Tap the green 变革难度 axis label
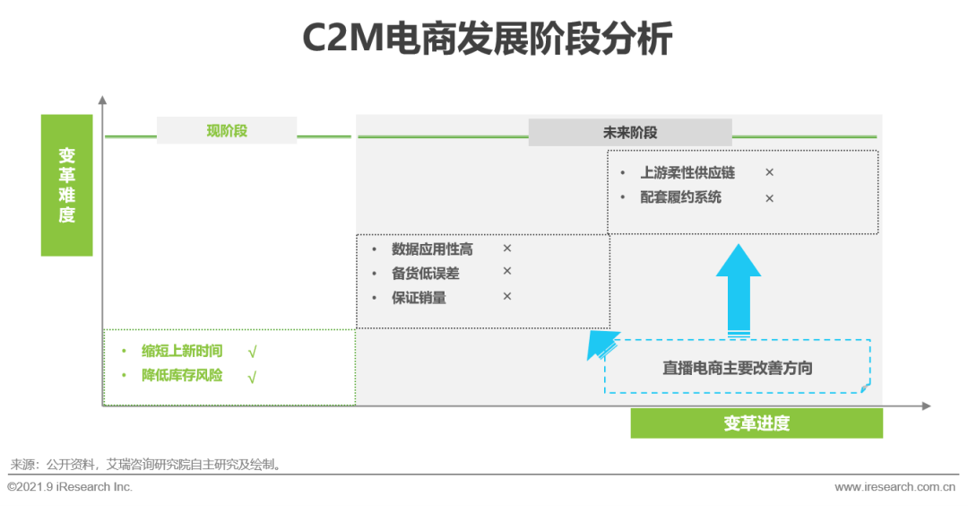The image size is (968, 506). [67, 185]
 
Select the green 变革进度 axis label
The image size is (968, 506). [756, 423]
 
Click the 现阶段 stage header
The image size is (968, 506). [227, 131]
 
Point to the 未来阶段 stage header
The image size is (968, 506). [630, 133]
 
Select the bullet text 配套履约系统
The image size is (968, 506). [680, 197]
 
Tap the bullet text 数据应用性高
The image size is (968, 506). [432, 249]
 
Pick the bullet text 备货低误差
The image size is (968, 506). [425, 273]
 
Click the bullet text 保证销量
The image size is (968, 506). [419, 297]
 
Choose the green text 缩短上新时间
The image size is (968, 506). [182, 351]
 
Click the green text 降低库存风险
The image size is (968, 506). [182, 375]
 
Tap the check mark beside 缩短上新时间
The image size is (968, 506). [252, 353]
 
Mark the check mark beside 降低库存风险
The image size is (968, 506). [252, 377]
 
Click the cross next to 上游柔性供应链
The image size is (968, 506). [769, 172]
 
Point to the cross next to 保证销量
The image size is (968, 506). [506, 296]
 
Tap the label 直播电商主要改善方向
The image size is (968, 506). [738, 368]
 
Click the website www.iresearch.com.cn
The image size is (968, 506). [895, 487]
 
